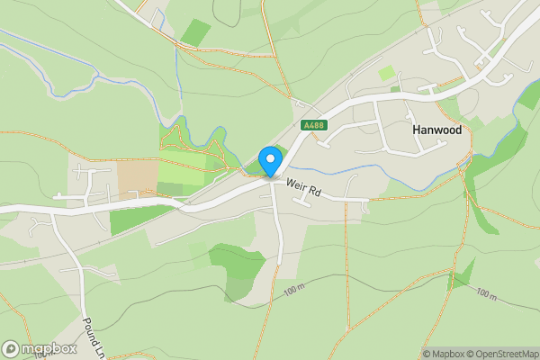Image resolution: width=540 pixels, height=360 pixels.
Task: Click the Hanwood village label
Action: point(436,130)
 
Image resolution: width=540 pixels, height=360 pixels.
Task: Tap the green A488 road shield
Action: point(313,126)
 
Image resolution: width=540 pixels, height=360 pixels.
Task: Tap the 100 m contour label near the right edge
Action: point(486,294)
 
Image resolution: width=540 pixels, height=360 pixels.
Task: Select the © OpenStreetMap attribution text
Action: point(507,354)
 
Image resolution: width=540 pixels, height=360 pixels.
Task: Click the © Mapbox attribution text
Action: point(447,354)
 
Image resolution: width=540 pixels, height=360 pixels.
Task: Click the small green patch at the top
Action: point(195,32)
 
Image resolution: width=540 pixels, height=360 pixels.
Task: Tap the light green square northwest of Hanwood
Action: point(386,72)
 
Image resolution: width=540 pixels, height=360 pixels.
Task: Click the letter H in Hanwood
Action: point(416,130)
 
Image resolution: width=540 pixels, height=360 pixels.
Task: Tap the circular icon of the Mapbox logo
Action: point(11,348)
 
